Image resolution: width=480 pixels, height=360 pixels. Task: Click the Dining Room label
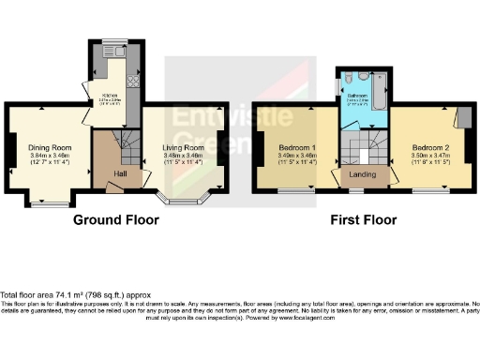(x=50, y=147)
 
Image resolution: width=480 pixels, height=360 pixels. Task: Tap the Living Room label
(x=183, y=147)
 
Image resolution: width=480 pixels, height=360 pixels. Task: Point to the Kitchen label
(x=110, y=97)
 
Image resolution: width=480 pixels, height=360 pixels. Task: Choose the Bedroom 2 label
(x=432, y=147)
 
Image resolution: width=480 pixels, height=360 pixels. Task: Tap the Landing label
(x=363, y=175)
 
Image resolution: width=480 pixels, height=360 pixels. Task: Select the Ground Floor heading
(x=116, y=220)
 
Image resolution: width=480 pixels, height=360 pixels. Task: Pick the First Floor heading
(x=363, y=220)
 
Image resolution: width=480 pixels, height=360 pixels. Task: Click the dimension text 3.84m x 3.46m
(x=50, y=156)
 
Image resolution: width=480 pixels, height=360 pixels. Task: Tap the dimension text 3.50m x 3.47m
(x=432, y=156)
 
